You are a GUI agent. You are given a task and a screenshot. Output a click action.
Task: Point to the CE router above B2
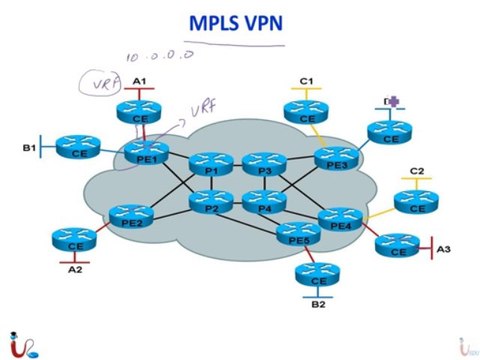[306, 276]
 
